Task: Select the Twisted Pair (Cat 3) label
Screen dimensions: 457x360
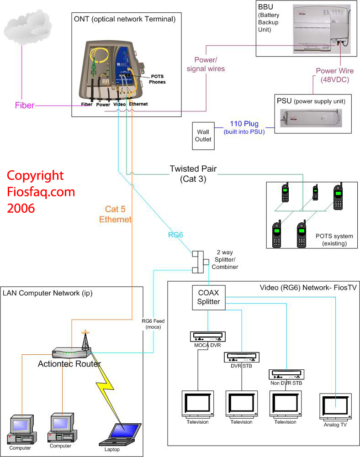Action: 193,174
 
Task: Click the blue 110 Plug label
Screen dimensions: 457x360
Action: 244,127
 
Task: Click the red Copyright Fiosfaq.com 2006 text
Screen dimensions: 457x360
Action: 41,192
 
